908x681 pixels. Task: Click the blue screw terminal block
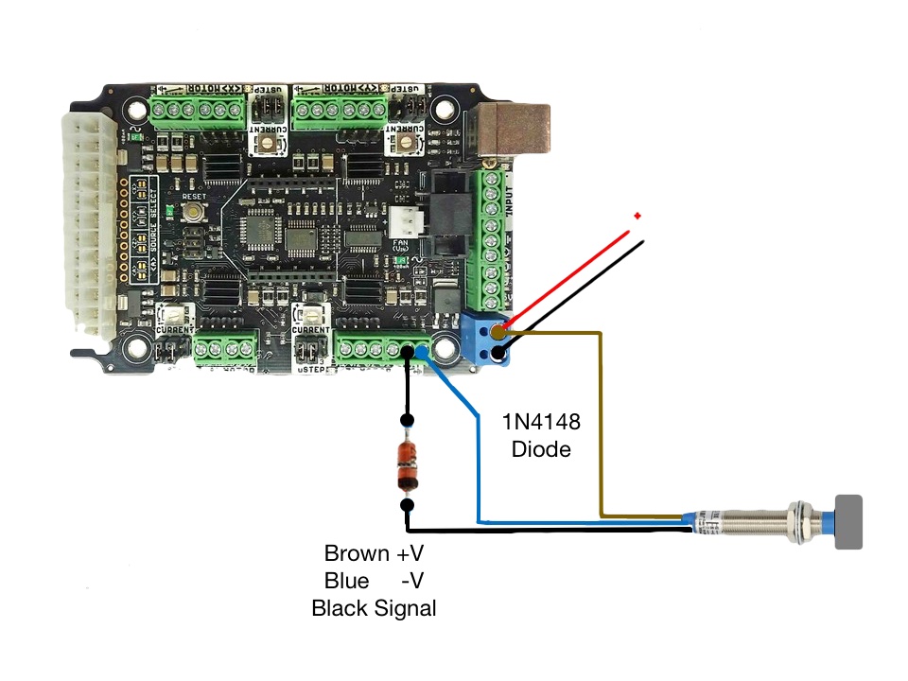pos(489,340)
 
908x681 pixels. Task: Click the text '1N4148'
pos(541,421)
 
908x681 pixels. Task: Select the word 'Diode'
pos(541,449)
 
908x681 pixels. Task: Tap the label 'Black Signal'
pos(374,608)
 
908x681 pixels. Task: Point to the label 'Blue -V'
pos(374,580)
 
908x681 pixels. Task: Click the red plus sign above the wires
pos(637,217)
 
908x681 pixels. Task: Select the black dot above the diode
pos(408,421)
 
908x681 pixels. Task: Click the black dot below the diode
pos(408,506)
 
